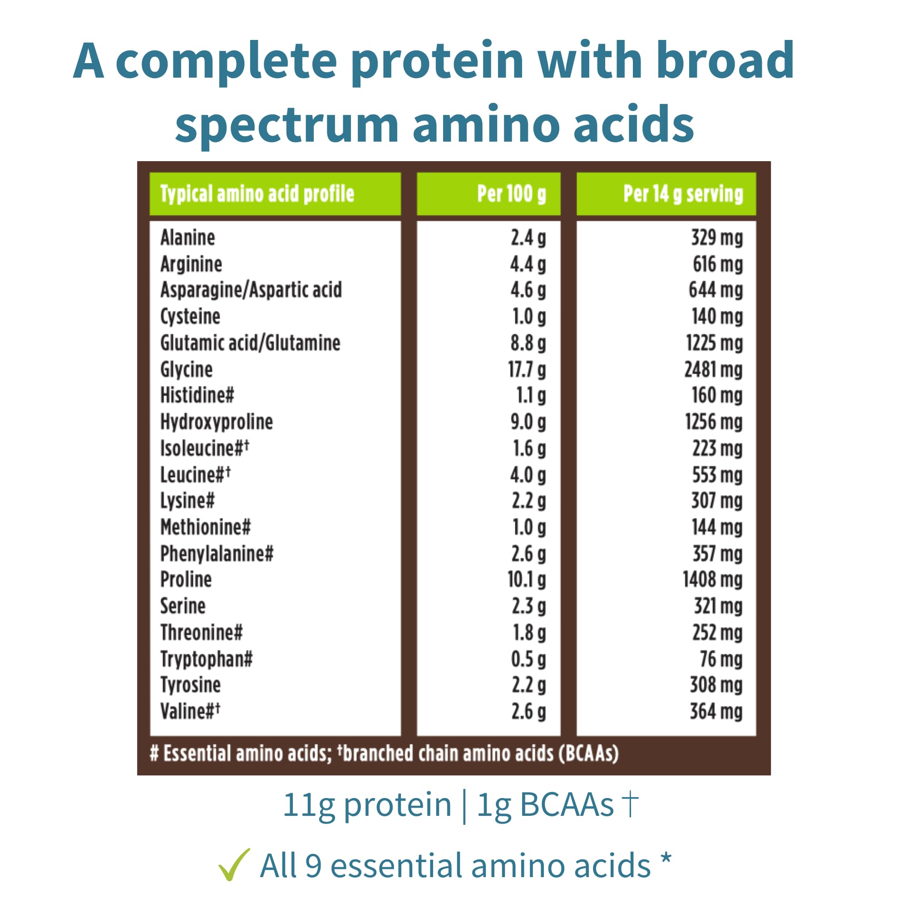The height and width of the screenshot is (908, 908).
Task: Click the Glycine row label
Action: (187, 370)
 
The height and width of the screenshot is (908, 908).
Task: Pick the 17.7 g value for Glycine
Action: (527, 370)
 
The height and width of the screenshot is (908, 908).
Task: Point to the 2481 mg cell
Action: (713, 370)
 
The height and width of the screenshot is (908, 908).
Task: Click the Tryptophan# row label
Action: (206, 659)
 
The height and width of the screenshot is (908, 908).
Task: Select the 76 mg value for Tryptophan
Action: (721, 659)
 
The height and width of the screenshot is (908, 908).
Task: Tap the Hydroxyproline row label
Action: (217, 422)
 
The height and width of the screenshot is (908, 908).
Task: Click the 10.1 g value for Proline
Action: (527, 579)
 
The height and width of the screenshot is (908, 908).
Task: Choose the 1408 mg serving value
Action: (712, 579)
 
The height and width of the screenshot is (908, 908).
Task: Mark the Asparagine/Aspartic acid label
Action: (251, 290)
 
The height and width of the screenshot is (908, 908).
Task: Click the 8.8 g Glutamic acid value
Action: (528, 343)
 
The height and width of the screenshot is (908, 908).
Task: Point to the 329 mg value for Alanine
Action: (717, 237)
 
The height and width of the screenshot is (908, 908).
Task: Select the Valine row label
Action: (190, 711)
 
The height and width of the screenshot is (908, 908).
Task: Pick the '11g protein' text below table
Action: (366, 805)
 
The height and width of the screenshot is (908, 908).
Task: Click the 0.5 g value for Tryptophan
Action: (529, 659)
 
